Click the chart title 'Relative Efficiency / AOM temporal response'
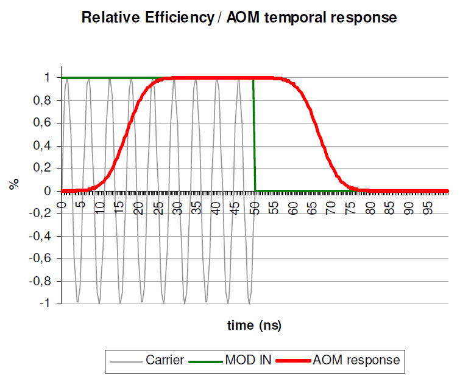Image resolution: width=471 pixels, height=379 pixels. point(239,18)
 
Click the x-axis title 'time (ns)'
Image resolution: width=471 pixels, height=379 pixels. point(254,325)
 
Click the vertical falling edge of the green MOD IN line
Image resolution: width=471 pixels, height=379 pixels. point(254,134)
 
